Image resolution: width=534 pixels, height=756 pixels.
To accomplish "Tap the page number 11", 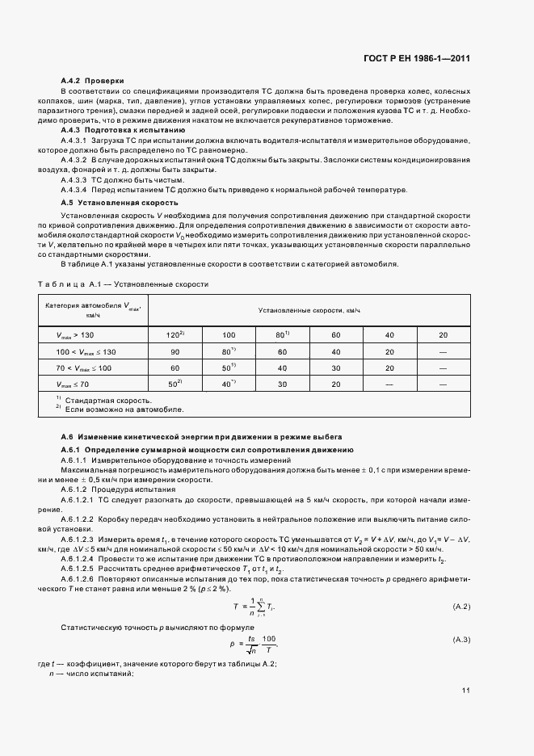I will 466,691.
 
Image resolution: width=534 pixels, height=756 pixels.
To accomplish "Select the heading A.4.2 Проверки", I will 93,81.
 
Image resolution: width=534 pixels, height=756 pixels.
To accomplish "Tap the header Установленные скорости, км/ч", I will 309,310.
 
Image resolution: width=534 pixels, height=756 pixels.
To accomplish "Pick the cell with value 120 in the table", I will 174,334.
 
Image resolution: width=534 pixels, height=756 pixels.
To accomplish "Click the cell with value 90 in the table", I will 174,352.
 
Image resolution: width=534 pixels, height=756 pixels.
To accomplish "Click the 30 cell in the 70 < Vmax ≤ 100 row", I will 334,368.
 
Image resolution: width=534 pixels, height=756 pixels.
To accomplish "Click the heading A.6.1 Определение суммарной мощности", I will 208,449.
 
